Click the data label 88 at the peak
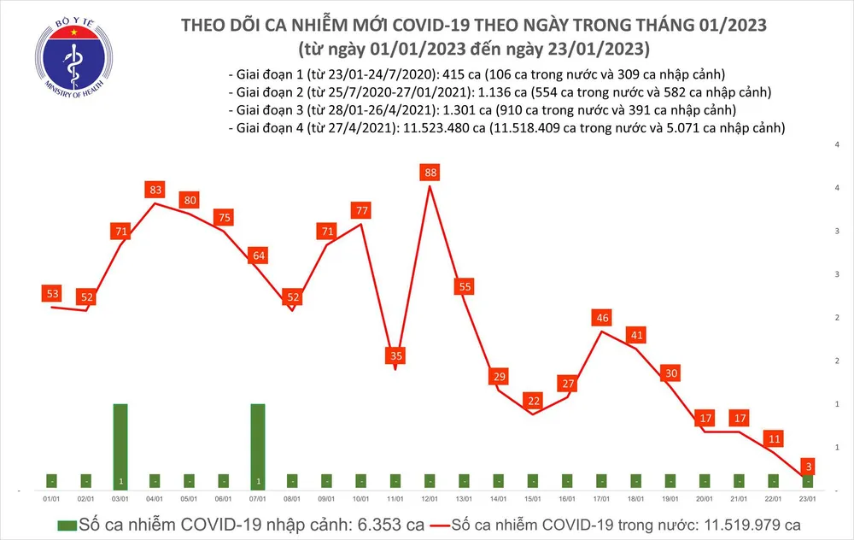coord(429,173)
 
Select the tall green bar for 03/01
coord(120,444)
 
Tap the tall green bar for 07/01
coord(257,444)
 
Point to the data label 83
coord(155,190)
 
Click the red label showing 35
coord(395,355)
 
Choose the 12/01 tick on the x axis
coord(429,499)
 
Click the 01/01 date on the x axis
coord(51,499)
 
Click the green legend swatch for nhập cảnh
coord(66,522)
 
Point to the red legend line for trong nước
coord(449,522)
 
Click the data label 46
coord(602,318)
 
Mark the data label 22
coord(533,401)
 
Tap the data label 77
coord(360,210)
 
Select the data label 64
coord(257,255)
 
